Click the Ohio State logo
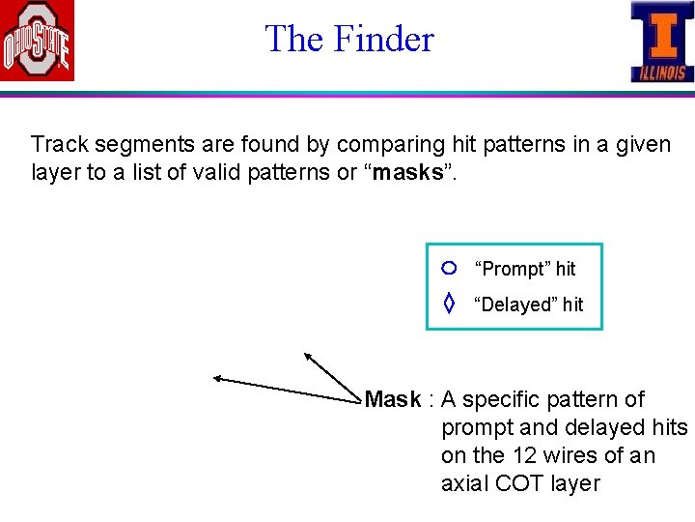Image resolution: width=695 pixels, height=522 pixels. [x=37, y=42]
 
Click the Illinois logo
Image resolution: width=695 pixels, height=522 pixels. [x=661, y=42]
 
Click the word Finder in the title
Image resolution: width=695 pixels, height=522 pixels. [x=383, y=40]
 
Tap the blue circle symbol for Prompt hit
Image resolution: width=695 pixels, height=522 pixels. [x=448, y=268]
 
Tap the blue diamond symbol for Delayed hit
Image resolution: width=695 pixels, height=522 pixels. [x=448, y=304]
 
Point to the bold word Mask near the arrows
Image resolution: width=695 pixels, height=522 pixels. [x=393, y=399]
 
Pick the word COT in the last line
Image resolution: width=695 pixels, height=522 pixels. [x=521, y=483]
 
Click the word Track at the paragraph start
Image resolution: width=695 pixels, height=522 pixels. [x=59, y=145]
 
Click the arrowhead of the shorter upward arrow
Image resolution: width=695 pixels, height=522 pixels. [x=307, y=356]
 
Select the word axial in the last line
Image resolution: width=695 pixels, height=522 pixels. [x=464, y=483]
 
